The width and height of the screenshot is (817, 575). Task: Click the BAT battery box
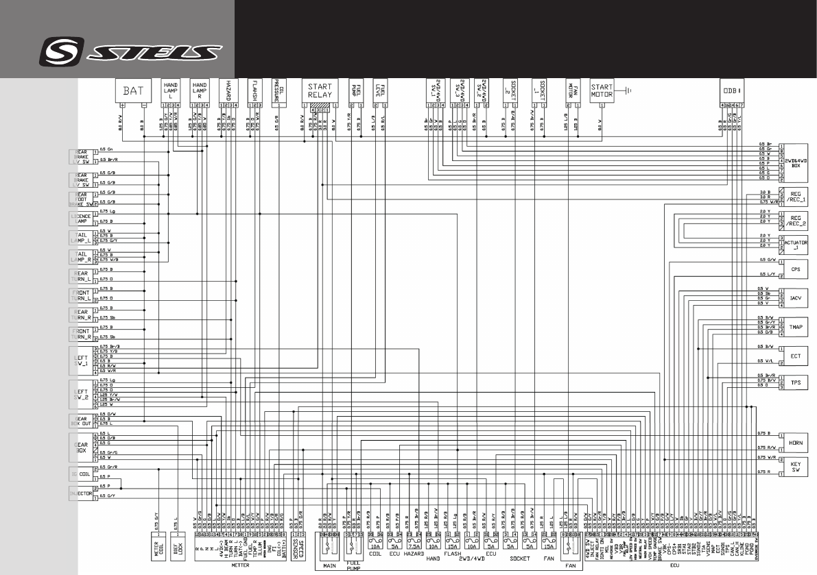(133, 90)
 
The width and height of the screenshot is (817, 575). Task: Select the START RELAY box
(320, 91)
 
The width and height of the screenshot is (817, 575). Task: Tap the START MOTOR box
(604, 90)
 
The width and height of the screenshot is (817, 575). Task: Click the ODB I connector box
(731, 90)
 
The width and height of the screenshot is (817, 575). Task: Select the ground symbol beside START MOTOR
(627, 89)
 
